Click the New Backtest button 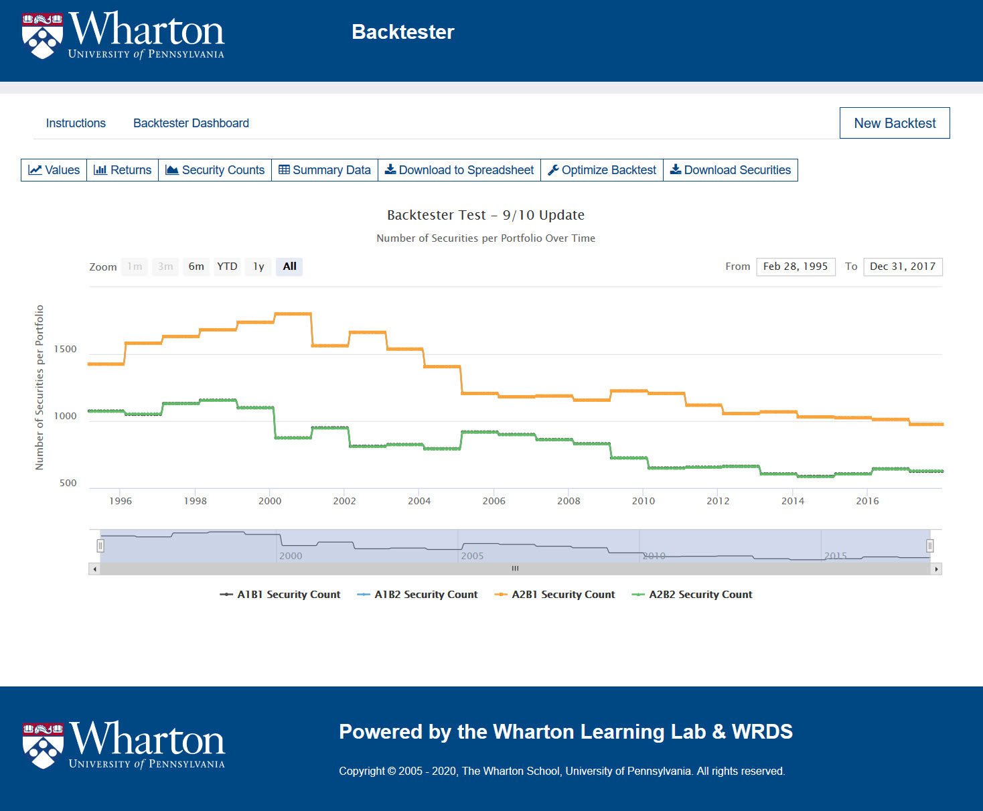click(895, 123)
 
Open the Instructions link click(76, 123)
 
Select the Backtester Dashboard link click(191, 123)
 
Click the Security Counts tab click(215, 170)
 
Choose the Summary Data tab click(325, 170)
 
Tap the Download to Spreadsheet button click(459, 170)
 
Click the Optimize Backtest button click(602, 170)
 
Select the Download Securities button click(731, 170)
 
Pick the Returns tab click(123, 170)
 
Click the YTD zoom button click(227, 267)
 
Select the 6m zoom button click(196, 267)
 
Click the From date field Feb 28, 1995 click(796, 267)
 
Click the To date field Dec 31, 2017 click(903, 267)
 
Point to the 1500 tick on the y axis click(66, 349)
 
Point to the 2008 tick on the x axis click(569, 501)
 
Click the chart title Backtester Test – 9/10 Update click(485, 215)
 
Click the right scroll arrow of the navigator click(936, 569)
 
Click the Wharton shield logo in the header click(42, 35)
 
